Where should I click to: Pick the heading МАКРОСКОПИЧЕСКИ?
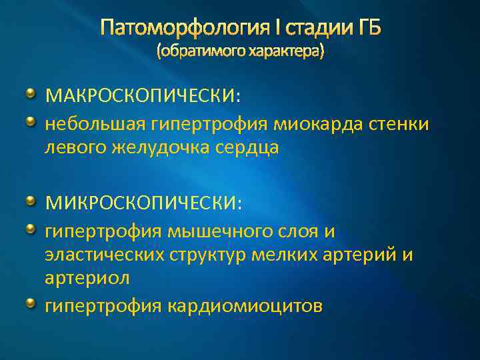(143, 97)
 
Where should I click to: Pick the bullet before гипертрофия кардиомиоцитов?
(31, 303)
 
